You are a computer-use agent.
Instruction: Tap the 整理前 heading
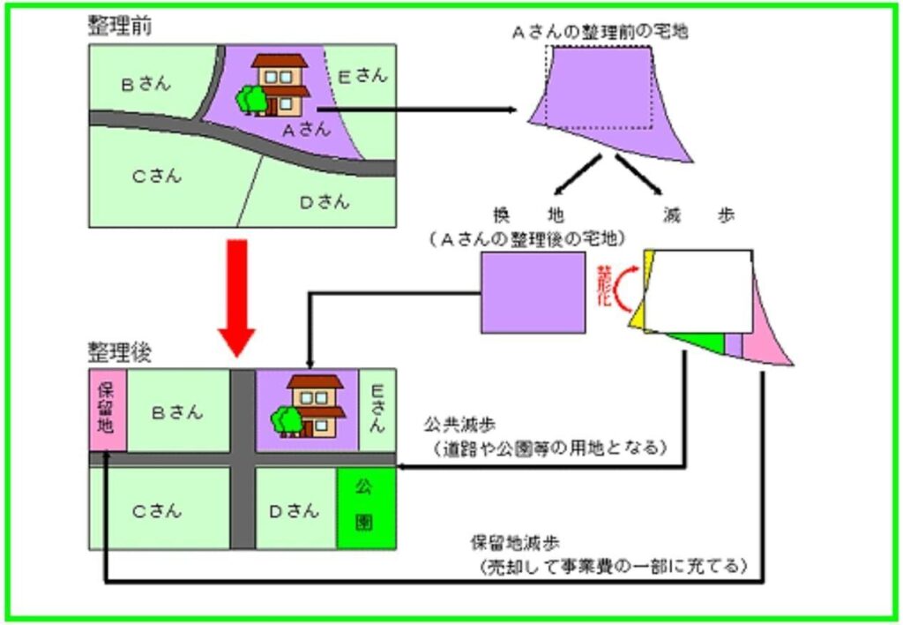[x=119, y=26]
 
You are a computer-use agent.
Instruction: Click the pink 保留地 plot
[x=108, y=410]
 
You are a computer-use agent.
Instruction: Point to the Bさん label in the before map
[x=146, y=85]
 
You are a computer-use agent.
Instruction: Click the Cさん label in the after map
[x=157, y=510]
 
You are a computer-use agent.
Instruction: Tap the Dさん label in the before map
[x=324, y=202]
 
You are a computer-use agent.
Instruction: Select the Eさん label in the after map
[x=377, y=409]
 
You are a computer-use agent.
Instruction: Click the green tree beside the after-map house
[x=285, y=419]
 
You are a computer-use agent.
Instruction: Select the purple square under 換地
[x=533, y=292]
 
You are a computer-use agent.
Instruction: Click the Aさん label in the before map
[x=306, y=129]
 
